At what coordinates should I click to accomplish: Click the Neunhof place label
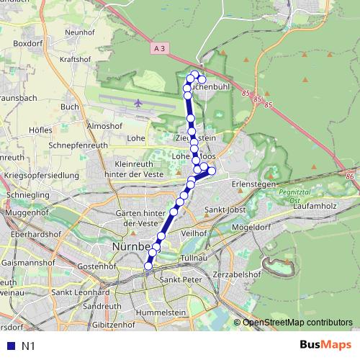tap(80, 32)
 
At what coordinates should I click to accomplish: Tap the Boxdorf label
tap(28, 43)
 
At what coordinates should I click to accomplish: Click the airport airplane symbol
tap(138, 103)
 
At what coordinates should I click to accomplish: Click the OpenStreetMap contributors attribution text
tap(297, 322)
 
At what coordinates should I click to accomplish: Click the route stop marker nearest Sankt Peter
tap(148, 266)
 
